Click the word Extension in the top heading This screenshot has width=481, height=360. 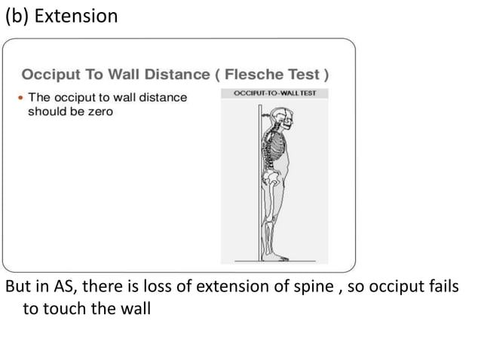pos(76,16)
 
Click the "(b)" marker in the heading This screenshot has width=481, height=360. pos(19,16)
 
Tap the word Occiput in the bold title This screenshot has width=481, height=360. pos(47,75)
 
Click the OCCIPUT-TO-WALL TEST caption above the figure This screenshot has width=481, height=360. pos(277,93)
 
